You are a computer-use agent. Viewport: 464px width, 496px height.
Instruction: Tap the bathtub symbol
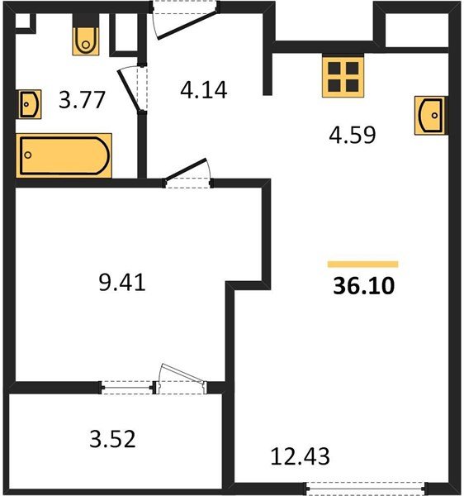[x=64, y=155]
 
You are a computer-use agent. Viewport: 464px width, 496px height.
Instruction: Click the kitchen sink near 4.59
[x=430, y=115]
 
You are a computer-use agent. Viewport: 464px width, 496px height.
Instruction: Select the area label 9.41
[x=121, y=283]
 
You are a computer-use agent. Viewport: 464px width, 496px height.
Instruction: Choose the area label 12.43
[x=300, y=455]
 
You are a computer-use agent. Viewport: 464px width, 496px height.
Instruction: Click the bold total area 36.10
[x=363, y=287]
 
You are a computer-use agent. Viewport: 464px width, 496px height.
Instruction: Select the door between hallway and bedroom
[x=189, y=176]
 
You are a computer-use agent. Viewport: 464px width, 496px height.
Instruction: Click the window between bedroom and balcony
[x=129, y=385]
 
